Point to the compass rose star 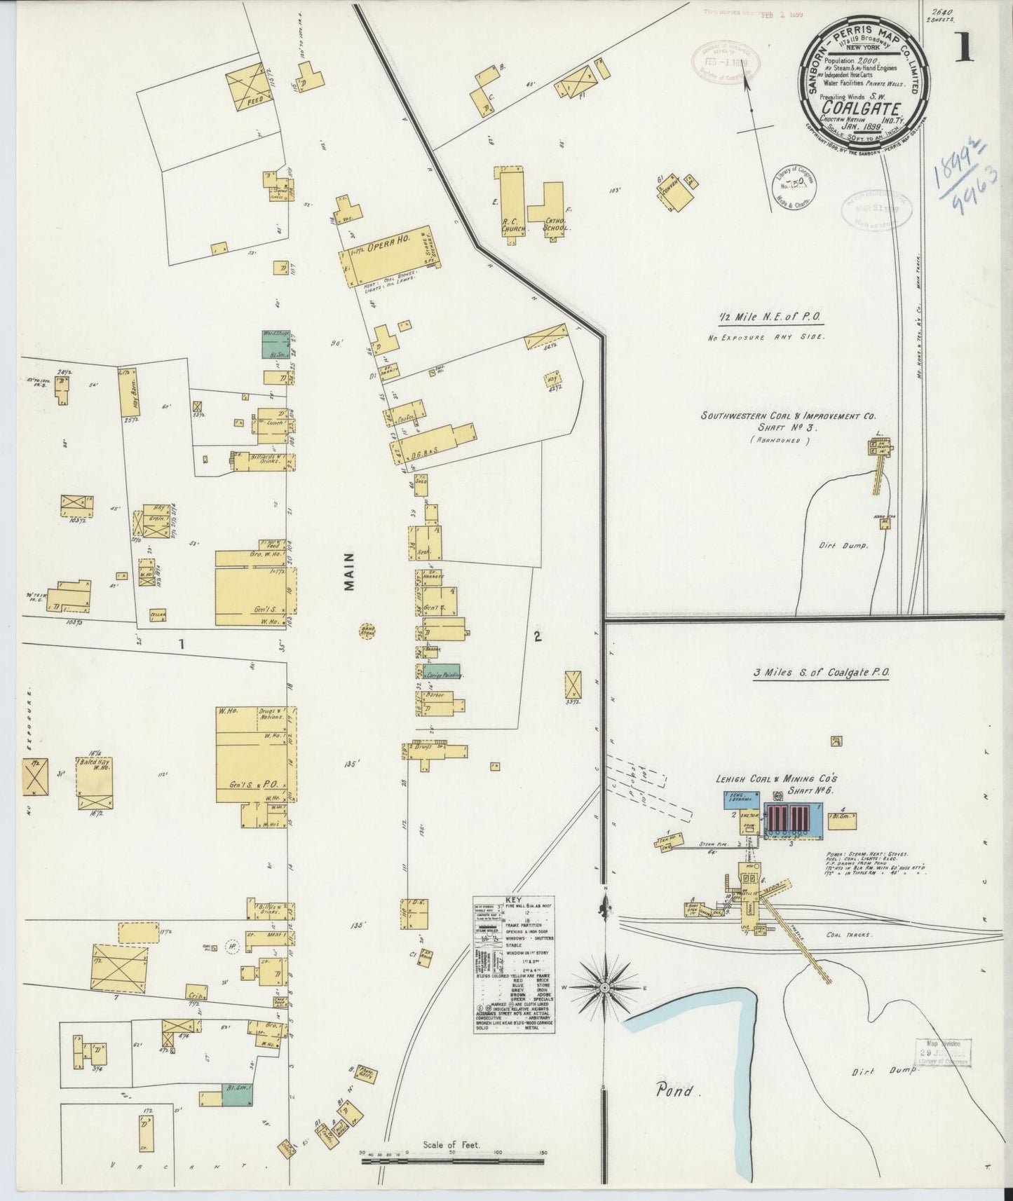tap(604, 987)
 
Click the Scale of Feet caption tap(451, 1145)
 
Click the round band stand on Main tap(367, 631)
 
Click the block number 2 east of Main tap(537, 637)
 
